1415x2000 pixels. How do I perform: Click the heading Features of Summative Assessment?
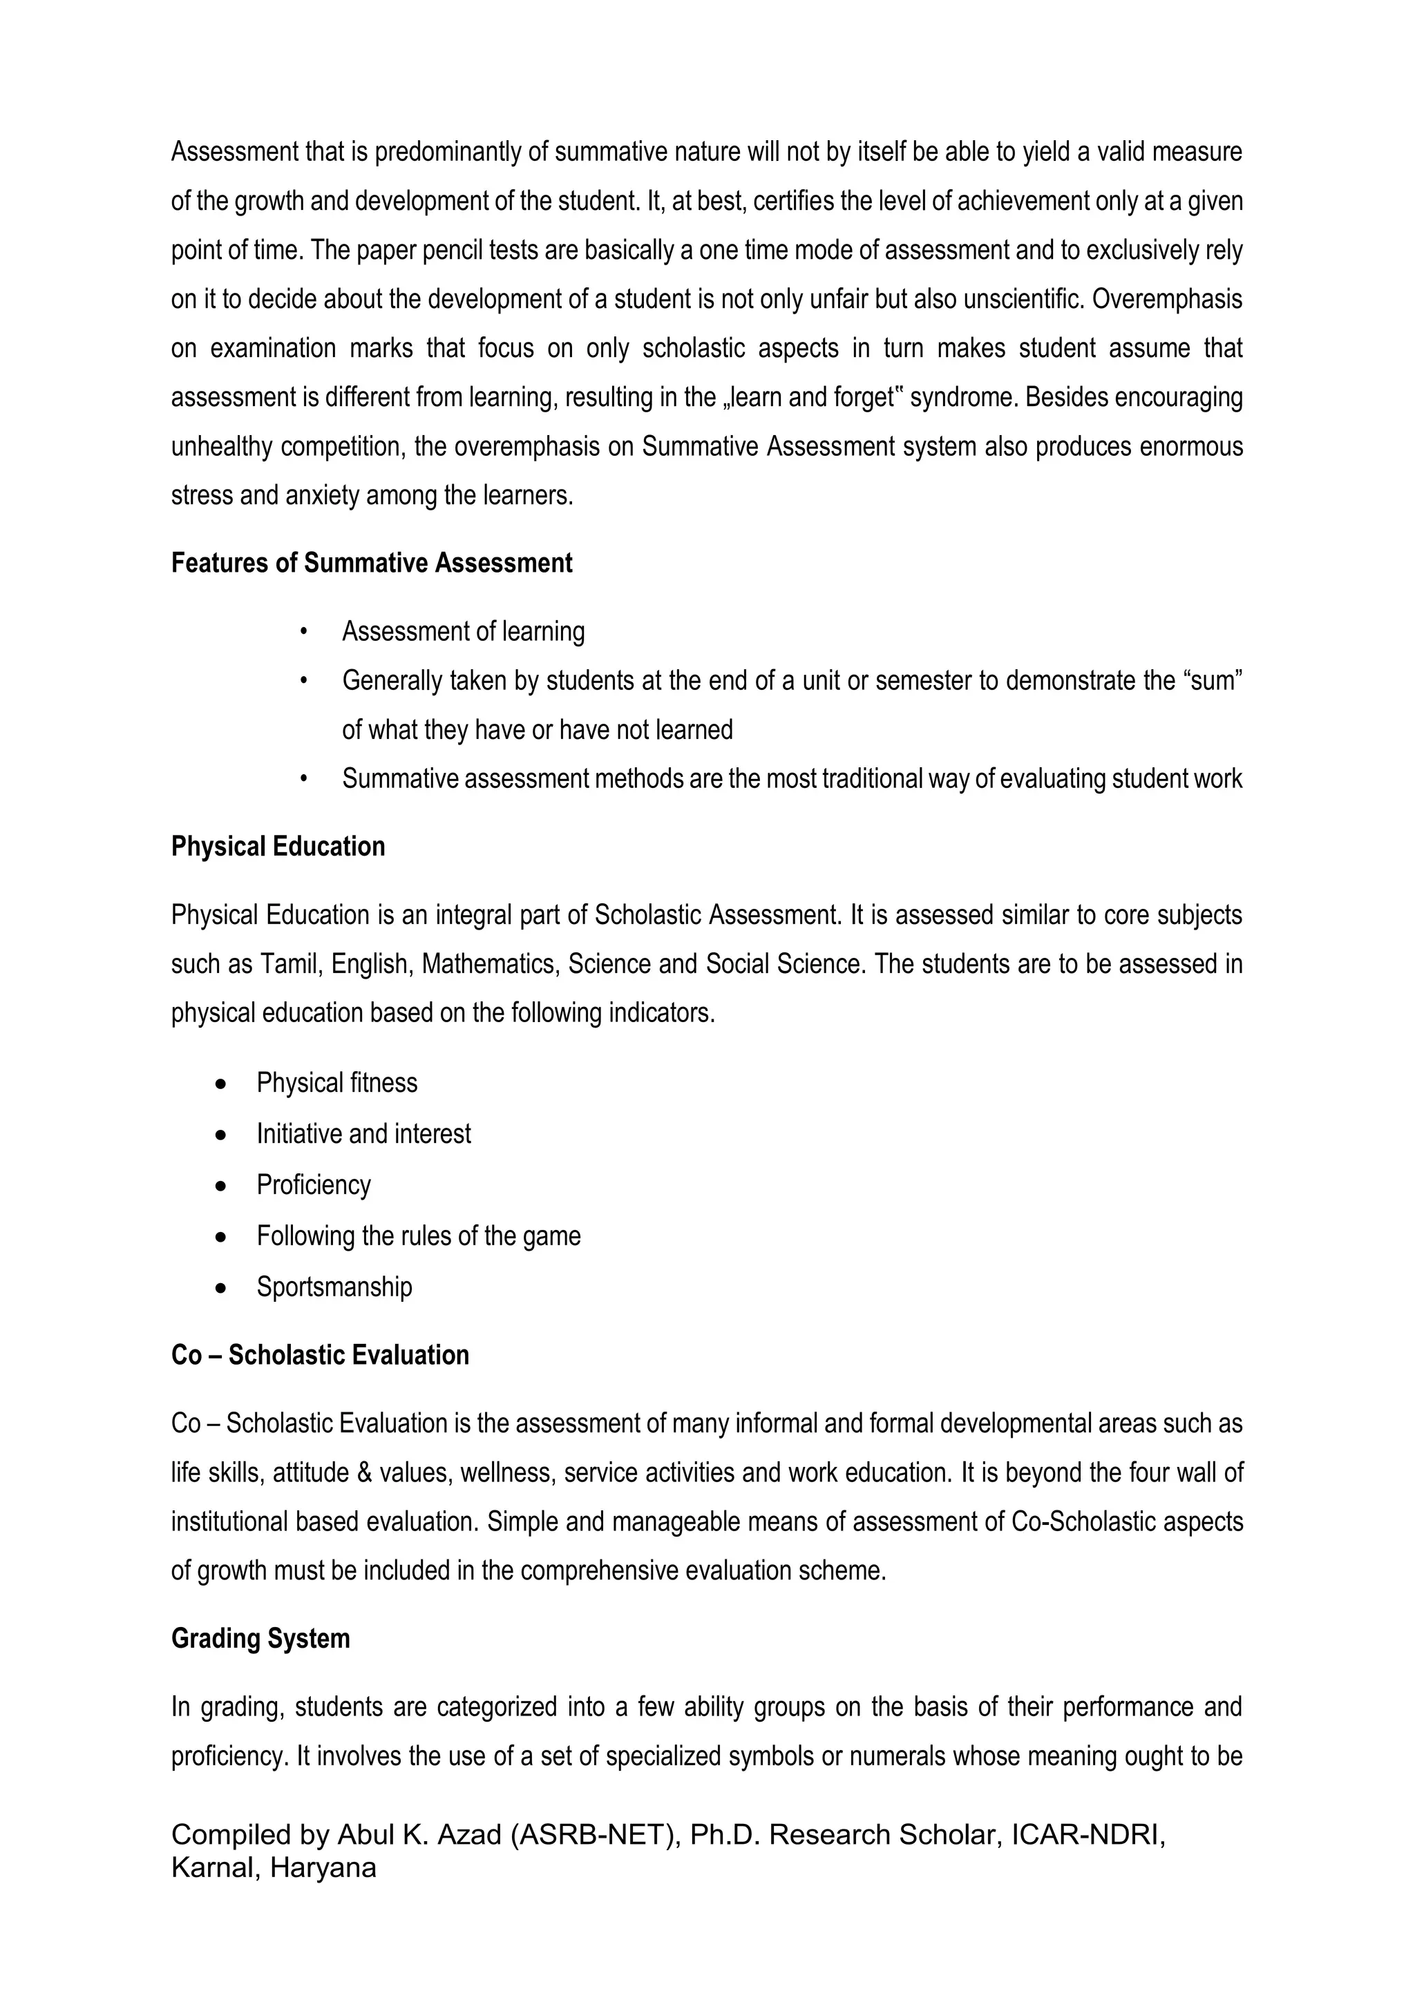[371, 564]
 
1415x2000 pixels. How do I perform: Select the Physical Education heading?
[278, 847]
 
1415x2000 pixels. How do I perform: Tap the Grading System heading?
[260, 1639]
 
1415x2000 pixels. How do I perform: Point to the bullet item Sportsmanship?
[334, 1287]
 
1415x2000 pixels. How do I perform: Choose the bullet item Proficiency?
[314, 1186]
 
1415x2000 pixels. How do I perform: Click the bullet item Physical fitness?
[336, 1084]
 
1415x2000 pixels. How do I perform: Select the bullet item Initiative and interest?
[363, 1134]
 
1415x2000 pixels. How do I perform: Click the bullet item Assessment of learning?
[463, 631]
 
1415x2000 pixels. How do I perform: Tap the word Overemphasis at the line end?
[1167, 300]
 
